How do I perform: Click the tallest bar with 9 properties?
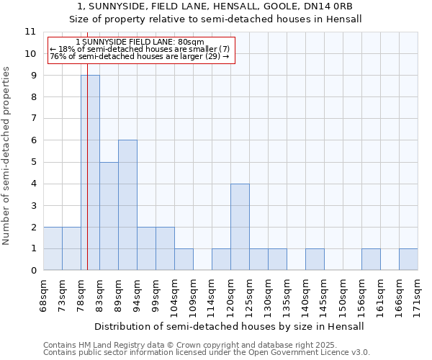(x=90, y=173)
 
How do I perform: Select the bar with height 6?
(x=127, y=205)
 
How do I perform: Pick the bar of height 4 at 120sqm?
(x=240, y=227)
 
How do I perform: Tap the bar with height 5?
(x=109, y=216)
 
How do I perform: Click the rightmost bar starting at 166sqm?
(x=408, y=259)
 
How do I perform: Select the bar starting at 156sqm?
(x=371, y=259)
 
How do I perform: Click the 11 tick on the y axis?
(x=30, y=32)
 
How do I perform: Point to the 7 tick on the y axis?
(x=32, y=119)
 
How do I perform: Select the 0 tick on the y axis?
(x=32, y=271)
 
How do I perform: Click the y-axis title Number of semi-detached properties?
(x=6, y=156)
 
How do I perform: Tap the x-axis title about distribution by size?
(x=229, y=326)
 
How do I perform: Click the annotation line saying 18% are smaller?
(x=140, y=49)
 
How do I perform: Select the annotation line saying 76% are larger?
(x=140, y=56)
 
